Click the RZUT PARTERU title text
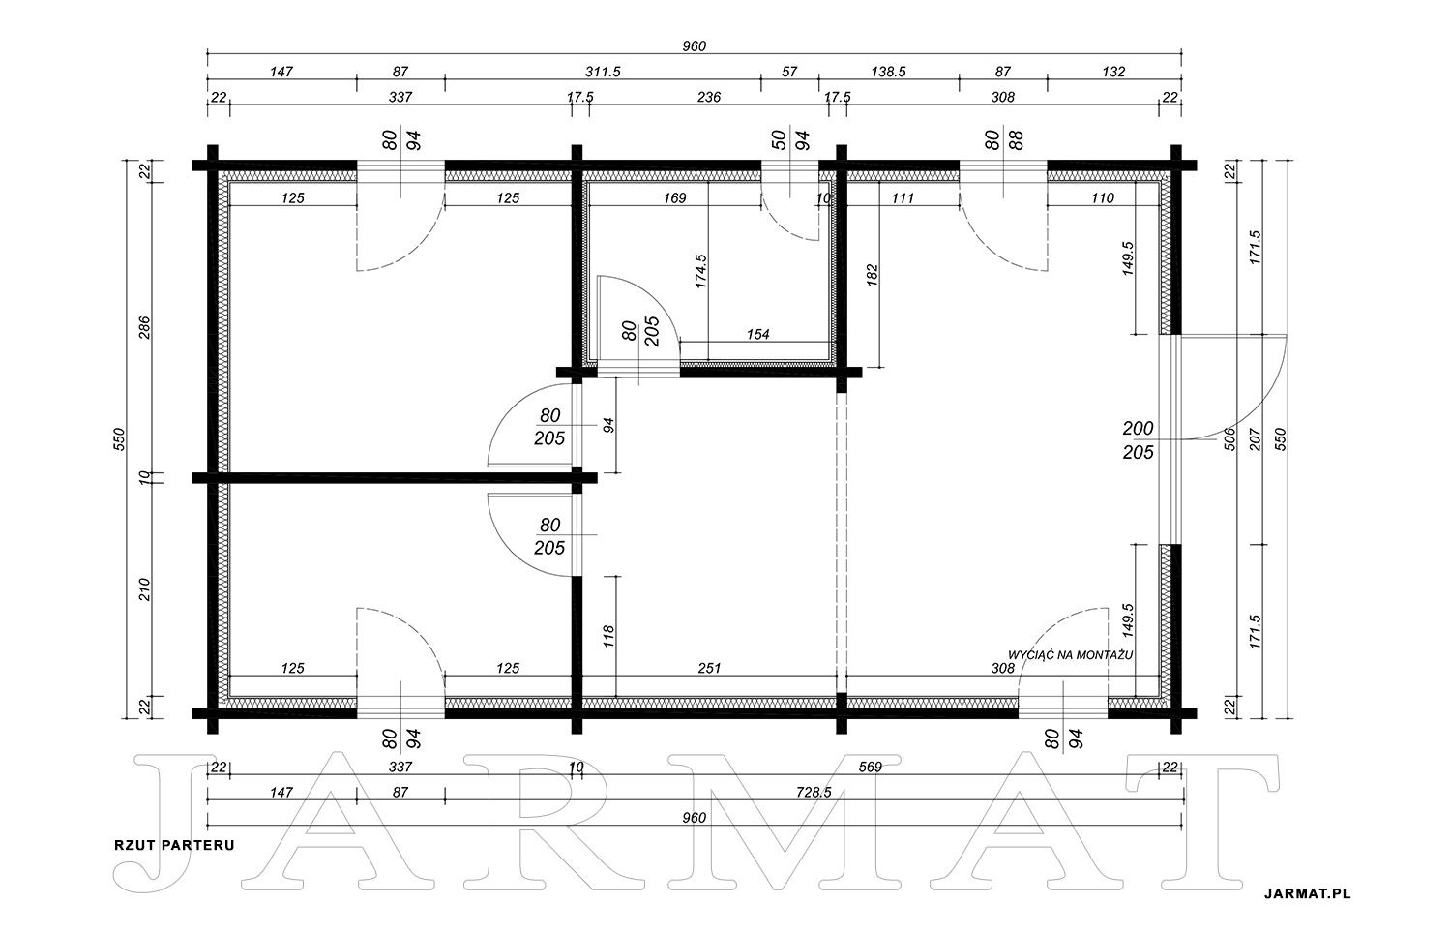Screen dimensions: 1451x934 174,845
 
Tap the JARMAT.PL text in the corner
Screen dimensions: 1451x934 1307,893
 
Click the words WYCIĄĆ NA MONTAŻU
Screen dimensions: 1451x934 1070,655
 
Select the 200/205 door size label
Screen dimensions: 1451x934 1139,440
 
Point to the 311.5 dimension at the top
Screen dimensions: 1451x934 603,72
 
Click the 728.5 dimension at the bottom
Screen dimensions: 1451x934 814,792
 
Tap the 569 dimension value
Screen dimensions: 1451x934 870,767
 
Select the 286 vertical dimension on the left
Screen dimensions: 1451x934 144,327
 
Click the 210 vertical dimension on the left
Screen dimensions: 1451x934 144,589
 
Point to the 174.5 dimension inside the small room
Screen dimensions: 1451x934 700,271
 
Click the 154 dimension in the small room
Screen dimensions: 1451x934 757,335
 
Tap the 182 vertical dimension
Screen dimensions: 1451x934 872,275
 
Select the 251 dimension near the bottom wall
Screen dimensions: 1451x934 709,668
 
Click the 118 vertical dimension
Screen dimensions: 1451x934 607,637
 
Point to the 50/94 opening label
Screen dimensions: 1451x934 790,140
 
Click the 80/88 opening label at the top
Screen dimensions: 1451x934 1004,140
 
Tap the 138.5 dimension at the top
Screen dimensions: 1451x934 888,72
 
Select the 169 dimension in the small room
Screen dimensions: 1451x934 674,197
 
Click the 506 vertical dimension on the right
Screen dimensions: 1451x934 1230,439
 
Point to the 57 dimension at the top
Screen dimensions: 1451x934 789,72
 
